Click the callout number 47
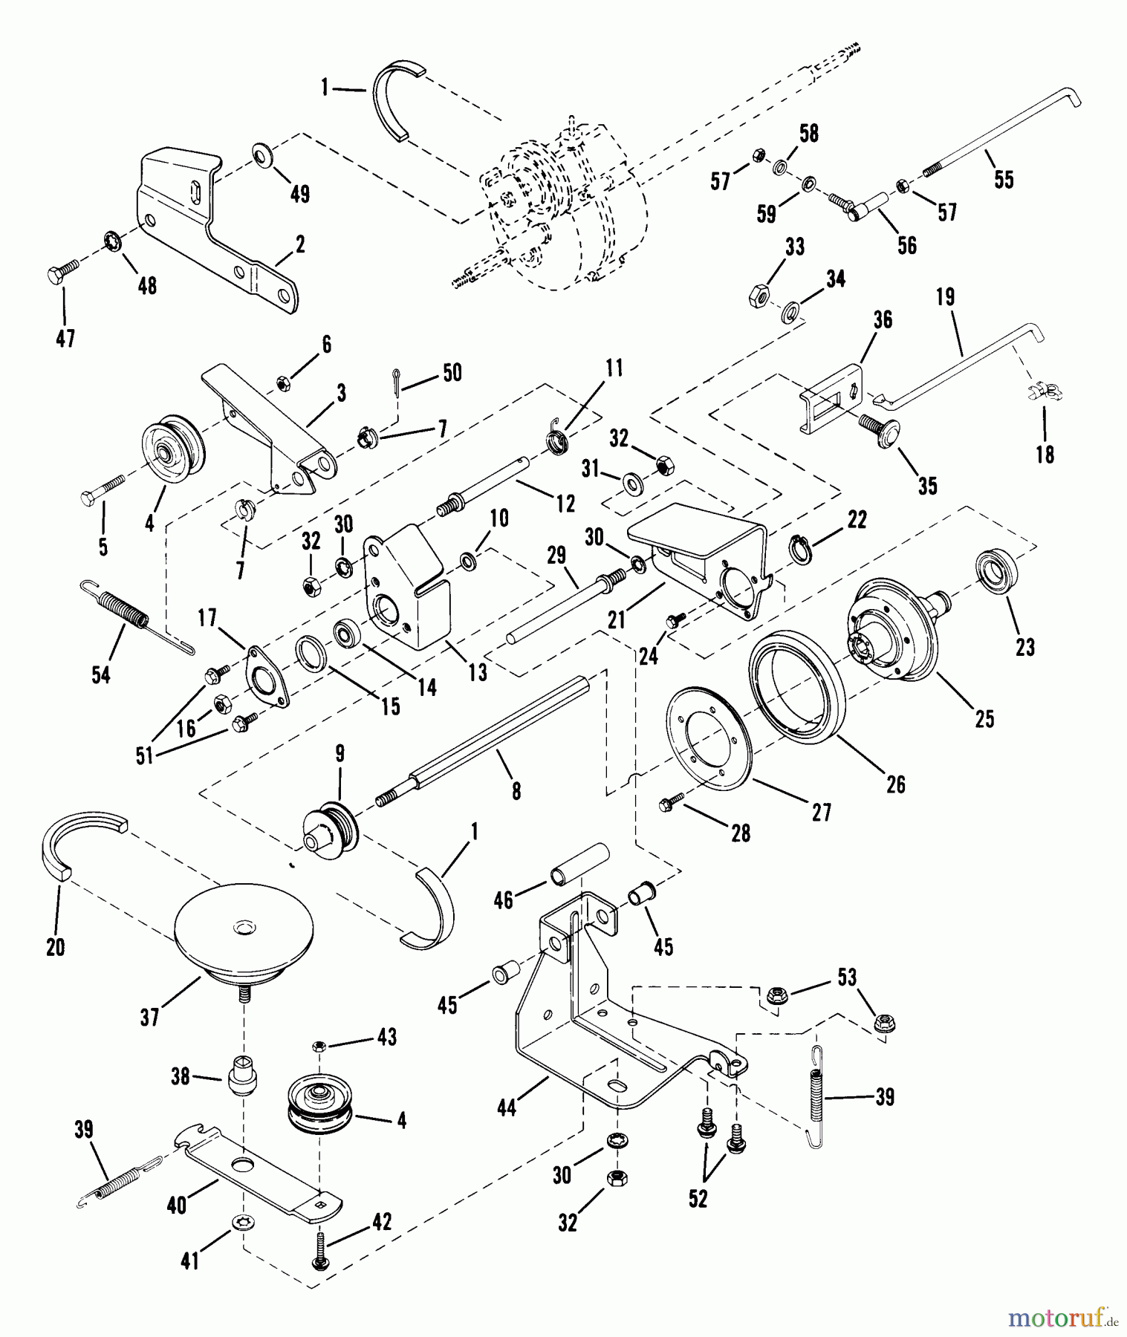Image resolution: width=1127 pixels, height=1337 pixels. (x=65, y=339)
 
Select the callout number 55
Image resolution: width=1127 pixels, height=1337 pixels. (x=1004, y=180)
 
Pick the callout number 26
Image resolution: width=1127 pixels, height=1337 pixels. (x=896, y=784)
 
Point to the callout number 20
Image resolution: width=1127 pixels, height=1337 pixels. (x=56, y=947)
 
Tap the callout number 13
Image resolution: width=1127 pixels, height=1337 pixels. (x=478, y=671)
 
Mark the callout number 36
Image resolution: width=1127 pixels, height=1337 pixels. (x=883, y=320)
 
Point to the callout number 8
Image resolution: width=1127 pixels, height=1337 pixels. (x=516, y=791)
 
